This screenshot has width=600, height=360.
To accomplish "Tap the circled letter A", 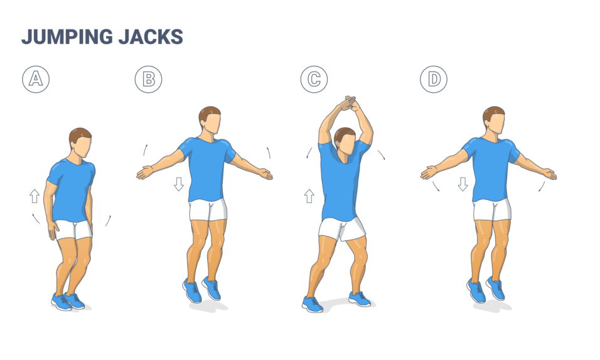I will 36,80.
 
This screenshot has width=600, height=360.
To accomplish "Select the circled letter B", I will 148,80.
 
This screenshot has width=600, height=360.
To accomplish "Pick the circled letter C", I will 313,80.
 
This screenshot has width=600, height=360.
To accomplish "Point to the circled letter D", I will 434,80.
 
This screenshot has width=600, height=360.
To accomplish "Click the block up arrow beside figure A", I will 35,196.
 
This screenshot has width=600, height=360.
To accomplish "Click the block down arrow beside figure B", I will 179,184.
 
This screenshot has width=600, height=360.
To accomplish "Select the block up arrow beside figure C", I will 309,196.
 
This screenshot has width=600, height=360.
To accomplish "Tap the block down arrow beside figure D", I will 463,184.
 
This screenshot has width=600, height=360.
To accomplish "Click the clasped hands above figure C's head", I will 347,103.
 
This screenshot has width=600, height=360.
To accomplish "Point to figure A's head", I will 80,142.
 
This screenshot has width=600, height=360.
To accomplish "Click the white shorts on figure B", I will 208,210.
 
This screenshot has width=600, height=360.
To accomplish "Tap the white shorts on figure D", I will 492,209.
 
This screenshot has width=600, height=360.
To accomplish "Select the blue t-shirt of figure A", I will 70,188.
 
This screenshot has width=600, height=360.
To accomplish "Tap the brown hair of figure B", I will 208,113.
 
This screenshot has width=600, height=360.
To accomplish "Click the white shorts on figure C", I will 341,229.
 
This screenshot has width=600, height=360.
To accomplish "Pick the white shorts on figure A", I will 74,230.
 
